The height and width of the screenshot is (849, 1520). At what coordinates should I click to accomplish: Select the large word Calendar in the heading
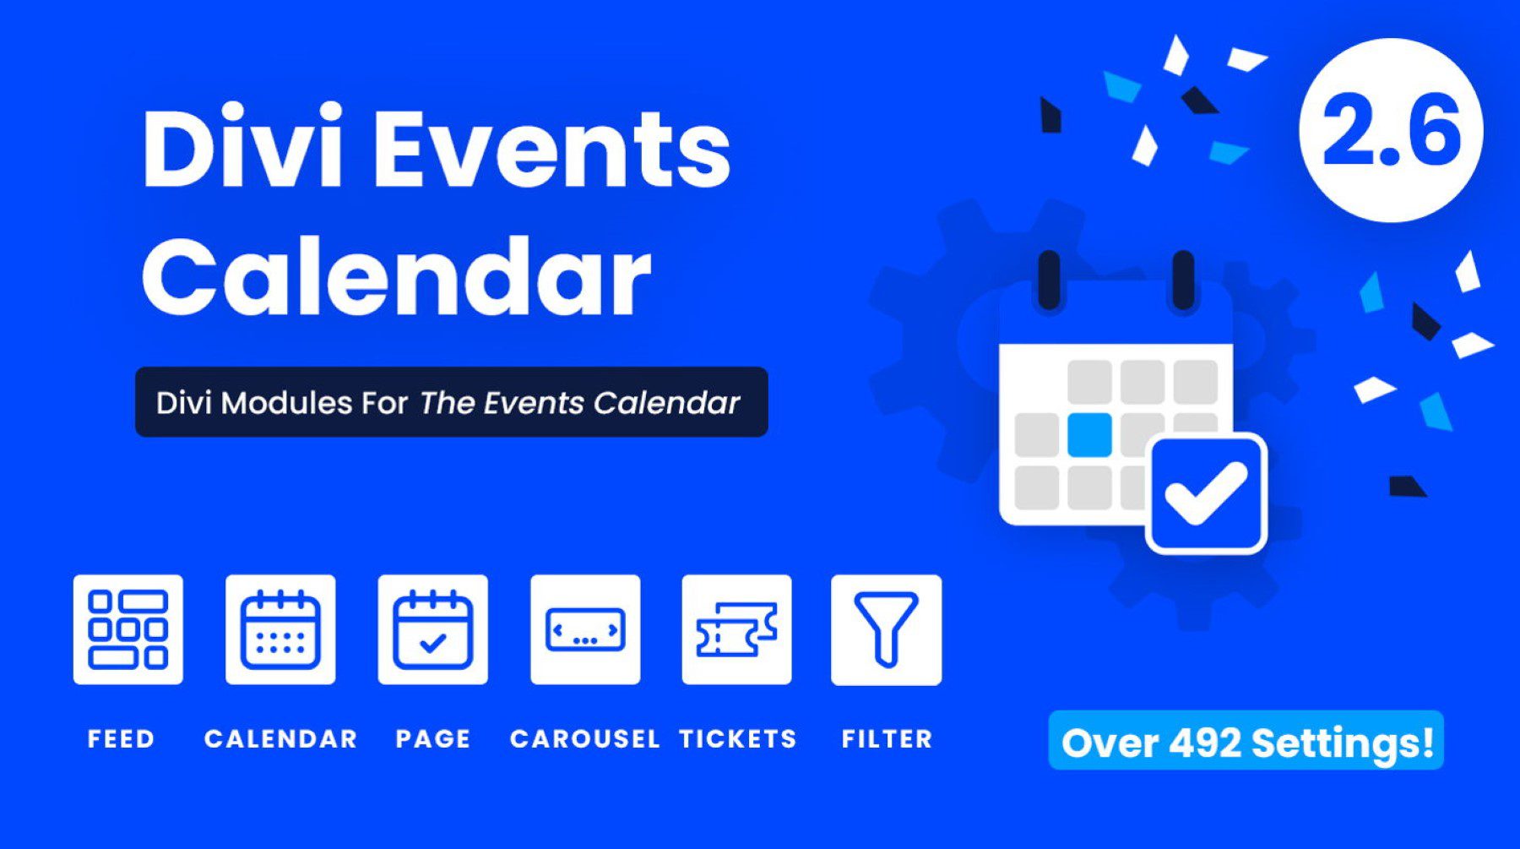click(x=397, y=277)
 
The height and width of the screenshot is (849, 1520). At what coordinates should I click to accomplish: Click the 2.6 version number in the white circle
click(x=1391, y=131)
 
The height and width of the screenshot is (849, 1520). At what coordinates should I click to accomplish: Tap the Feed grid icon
click(x=128, y=629)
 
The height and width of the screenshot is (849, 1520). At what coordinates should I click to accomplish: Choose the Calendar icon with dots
click(x=280, y=629)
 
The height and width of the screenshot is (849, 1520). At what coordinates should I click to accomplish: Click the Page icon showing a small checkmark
click(x=432, y=629)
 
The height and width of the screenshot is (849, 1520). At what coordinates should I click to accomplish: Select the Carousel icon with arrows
click(x=585, y=629)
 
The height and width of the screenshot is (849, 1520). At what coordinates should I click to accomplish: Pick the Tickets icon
click(x=736, y=629)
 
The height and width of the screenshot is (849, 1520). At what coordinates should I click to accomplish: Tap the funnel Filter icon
click(x=886, y=629)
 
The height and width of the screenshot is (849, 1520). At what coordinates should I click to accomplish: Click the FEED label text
click(x=122, y=738)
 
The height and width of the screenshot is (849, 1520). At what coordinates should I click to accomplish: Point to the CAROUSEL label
click(x=584, y=738)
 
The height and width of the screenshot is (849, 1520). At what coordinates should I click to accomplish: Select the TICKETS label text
click(x=738, y=738)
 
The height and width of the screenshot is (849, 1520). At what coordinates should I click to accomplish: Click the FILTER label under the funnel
click(x=887, y=738)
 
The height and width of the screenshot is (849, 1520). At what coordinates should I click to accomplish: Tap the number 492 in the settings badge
click(x=1205, y=743)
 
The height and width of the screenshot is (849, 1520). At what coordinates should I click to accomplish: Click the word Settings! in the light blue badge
click(x=1343, y=743)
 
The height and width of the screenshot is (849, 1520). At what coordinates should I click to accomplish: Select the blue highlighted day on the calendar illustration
click(x=1089, y=434)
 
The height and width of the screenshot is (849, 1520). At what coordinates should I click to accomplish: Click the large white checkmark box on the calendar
click(x=1206, y=494)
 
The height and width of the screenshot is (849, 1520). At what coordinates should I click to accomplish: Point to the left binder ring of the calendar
click(x=1049, y=280)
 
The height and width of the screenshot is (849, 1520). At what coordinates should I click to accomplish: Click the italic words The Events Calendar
click(x=579, y=403)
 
